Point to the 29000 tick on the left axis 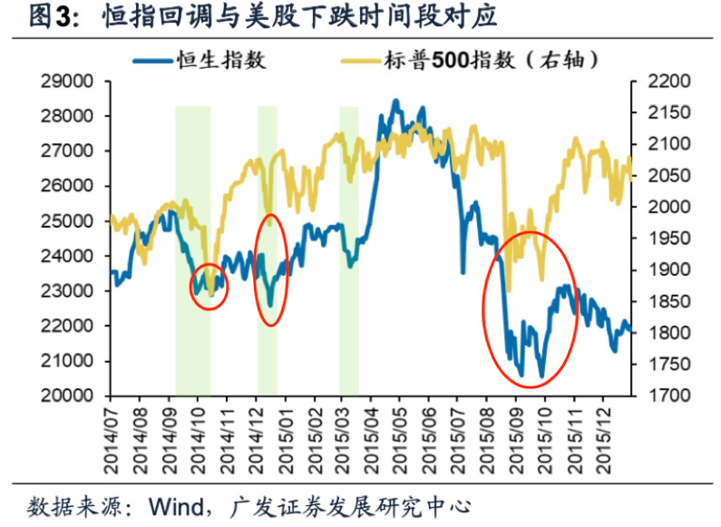coord(70,82)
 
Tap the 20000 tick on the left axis coord(70,396)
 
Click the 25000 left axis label coord(70,221)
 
